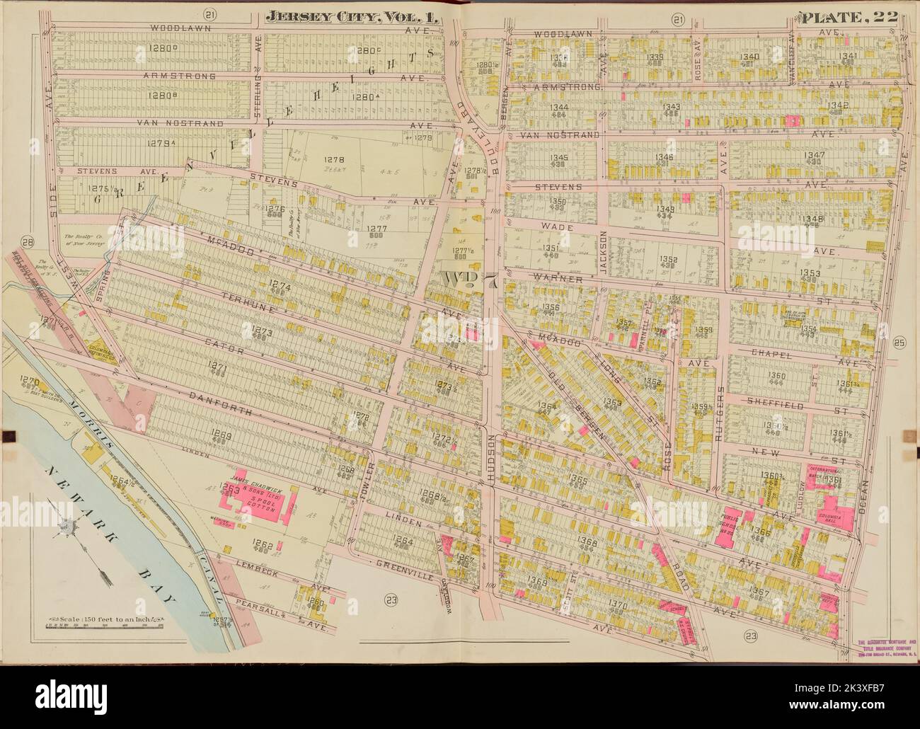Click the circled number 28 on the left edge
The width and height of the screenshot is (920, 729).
[28, 240]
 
